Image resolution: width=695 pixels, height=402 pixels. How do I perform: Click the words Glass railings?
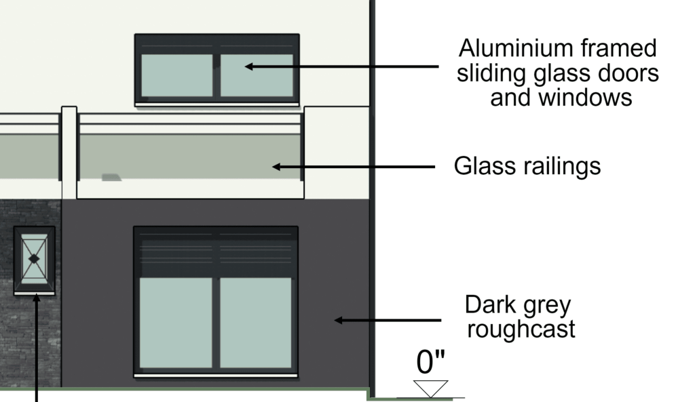(527, 166)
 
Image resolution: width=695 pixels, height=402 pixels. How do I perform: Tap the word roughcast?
(522, 329)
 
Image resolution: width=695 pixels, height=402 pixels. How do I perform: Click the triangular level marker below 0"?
(431, 388)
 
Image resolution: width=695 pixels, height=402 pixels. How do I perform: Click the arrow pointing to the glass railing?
(353, 166)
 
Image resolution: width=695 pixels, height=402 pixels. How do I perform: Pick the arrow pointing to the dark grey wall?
(388, 319)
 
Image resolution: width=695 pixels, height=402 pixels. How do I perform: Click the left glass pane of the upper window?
(176, 75)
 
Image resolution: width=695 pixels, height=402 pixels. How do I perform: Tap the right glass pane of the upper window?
(257, 75)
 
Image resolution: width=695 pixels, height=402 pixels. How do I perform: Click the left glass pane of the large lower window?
(176, 321)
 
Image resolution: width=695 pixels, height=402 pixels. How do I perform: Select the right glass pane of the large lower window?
(255, 321)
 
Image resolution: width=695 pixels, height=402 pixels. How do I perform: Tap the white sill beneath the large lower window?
(215, 375)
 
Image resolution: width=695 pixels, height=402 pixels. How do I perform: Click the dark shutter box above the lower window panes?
(215, 252)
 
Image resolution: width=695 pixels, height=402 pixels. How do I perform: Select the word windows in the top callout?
(588, 98)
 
